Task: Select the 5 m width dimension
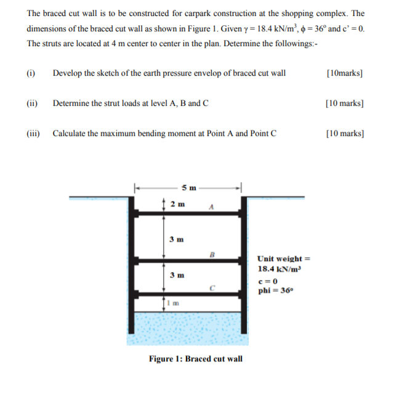pos(190,187)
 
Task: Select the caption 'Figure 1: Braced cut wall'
pos(196,359)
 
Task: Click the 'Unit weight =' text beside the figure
pos(281,259)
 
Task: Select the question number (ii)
pos(32,103)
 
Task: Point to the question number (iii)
pos(33,133)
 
